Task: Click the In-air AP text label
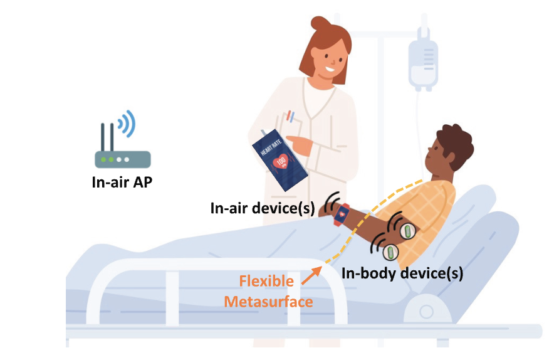point(122,182)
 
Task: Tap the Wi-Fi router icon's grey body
point(123,159)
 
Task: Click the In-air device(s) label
point(263,208)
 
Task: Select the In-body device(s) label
point(402,273)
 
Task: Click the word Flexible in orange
point(266,281)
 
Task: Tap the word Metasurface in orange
point(268,302)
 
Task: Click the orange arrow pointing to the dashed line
point(311,276)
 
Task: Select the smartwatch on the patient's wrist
point(341,214)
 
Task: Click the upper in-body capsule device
point(407,231)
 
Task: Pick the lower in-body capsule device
point(390,252)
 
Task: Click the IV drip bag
point(423,65)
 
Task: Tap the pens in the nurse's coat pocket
point(291,117)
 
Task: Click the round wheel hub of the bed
point(426,312)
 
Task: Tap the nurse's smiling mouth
point(330,68)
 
